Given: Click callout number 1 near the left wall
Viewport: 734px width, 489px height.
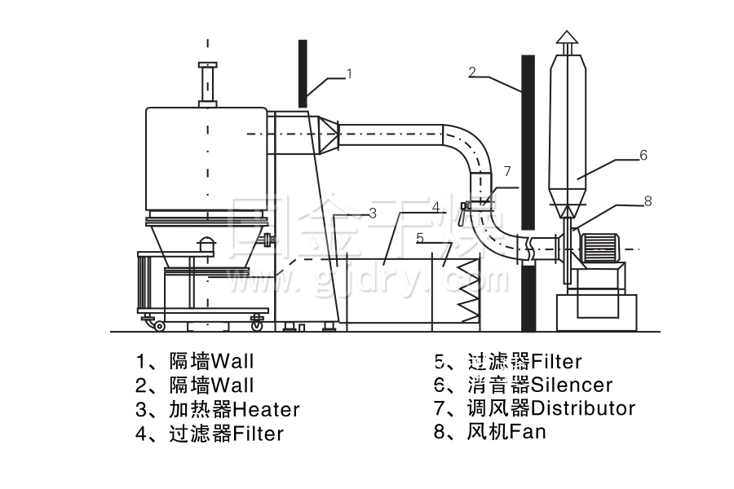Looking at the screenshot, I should pos(349,74).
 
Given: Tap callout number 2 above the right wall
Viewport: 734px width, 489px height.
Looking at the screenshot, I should pos(472,72).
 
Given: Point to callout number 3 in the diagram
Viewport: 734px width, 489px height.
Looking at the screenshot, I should pos(371,214).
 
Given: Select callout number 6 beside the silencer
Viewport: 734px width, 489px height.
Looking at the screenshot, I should pos(643,155).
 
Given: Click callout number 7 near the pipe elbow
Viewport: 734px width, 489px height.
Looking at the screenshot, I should pos(506,171).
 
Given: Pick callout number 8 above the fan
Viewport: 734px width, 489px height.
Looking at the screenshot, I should pos(648,200).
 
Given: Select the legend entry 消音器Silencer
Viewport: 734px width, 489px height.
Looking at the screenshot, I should pos(540,384).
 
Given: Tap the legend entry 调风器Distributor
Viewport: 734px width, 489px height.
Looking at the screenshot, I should pos(551,407).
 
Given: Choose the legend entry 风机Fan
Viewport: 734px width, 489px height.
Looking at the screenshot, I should pos(506,431).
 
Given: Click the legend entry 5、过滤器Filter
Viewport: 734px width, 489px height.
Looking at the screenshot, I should pos(509,361).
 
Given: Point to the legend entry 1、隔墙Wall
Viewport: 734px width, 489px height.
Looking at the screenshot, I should pos(196,361).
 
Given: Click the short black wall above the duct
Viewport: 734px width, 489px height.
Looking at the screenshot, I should pos(303,73).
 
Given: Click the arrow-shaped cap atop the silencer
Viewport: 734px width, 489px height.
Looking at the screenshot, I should pos(568,39).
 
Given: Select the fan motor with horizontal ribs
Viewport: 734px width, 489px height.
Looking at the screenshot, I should pos(599,244).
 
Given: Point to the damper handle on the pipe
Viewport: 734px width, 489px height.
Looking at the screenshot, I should pos(464,214).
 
